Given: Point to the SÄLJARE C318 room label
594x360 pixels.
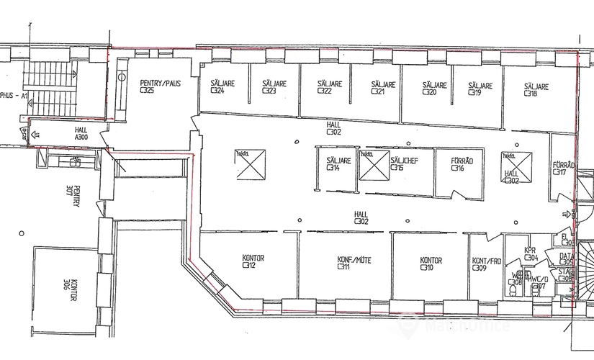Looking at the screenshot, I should [x=536, y=90].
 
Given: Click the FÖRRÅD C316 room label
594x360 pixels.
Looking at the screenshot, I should [x=462, y=164].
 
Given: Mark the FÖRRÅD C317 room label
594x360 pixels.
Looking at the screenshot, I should [x=563, y=168].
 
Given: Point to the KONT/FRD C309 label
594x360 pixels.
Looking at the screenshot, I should [x=485, y=264].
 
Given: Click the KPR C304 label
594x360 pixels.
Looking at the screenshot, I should [x=531, y=253].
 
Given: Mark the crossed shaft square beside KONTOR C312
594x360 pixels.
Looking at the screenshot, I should [x=250, y=164].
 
